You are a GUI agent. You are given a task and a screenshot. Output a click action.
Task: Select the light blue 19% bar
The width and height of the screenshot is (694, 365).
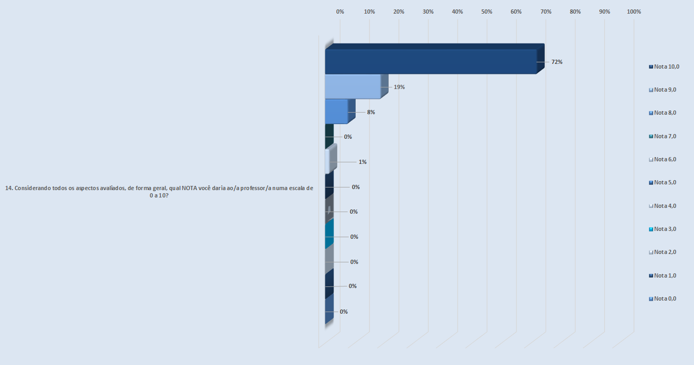(352, 86)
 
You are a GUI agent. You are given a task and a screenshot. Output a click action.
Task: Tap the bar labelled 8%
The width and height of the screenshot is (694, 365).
(336, 112)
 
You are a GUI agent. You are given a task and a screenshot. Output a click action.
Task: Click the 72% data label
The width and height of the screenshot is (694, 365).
(556, 62)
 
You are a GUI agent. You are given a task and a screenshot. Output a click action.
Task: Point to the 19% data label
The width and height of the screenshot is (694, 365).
(399, 87)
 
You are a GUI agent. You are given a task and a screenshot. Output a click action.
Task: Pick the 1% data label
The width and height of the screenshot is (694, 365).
(362, 162)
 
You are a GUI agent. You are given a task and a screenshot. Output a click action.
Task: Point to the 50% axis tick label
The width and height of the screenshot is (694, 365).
(487, 12)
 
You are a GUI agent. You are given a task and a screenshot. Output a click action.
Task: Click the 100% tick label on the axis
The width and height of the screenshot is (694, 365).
(634, 12)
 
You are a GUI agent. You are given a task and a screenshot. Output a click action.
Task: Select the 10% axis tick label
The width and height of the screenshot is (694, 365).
(369, 12)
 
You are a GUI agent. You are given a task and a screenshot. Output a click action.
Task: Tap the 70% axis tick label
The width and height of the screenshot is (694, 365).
(546, 12)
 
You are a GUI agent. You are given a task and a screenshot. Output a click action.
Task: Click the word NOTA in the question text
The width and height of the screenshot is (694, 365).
(189, 189)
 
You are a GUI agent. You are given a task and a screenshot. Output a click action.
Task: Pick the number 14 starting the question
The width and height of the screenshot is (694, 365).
(8, 189)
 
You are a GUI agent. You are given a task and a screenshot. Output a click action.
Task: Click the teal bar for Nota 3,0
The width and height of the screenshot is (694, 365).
(329, 233)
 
